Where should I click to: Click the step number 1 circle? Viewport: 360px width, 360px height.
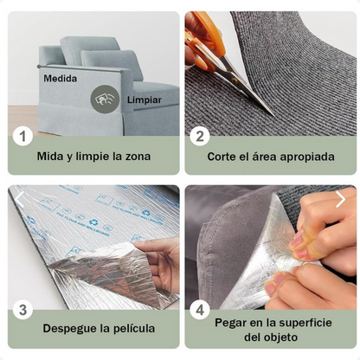(x=23, y=135)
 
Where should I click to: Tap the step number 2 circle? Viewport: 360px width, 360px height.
(x=201, y=135)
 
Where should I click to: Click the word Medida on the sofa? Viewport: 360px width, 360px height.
(x=60, y=78)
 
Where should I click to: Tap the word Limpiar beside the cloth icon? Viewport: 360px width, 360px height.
(x=144, y=100)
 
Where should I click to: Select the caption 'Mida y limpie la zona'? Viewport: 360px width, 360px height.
(x=93, y=157)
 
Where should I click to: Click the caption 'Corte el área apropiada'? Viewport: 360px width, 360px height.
(x=270, y=157)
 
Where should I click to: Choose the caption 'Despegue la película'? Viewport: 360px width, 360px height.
(x=99, y=328)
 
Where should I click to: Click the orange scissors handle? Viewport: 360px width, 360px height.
(x=202, y=43)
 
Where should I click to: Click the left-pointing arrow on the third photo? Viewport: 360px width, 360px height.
(x=20, y=199)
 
